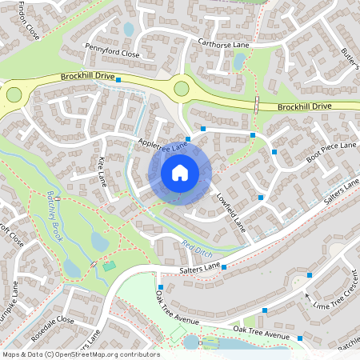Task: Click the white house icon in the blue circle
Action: click(180, 172)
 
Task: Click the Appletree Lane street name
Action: click(162, 145)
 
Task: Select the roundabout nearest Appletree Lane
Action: click(182, 88)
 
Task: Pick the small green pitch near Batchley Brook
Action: click(110, 265)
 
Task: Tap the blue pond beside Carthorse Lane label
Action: click(238, 62)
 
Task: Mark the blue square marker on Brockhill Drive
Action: click(118, 80)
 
